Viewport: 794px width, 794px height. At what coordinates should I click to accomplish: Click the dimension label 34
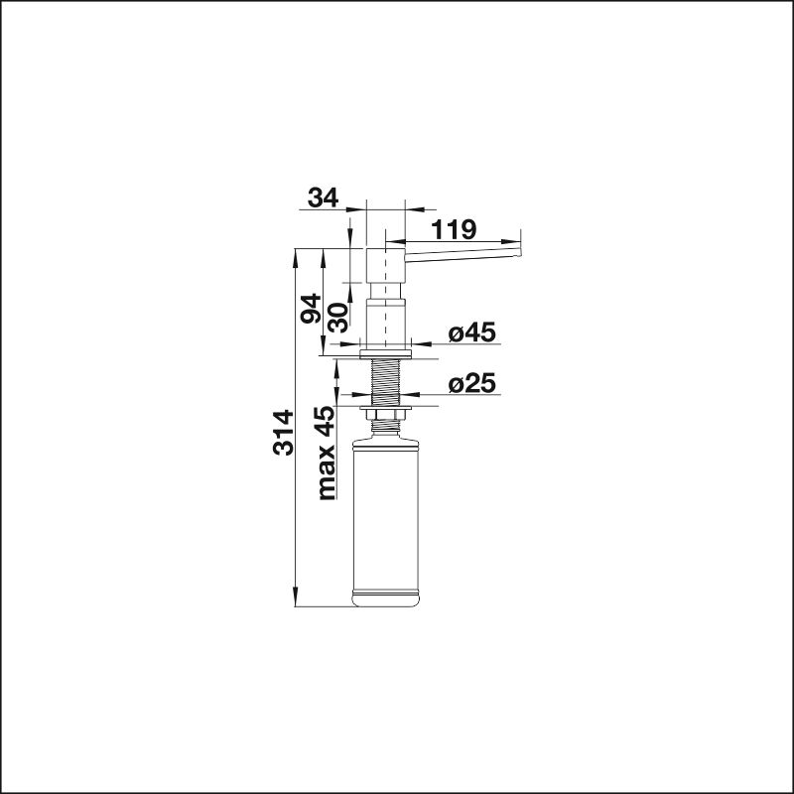point(324,198)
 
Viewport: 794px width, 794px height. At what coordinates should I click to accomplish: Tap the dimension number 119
point(454,229)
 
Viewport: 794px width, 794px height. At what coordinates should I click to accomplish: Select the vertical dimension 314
point(283,433)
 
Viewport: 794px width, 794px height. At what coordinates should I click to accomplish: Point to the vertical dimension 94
point(311,309)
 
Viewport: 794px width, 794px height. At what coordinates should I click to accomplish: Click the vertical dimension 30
point(337,318)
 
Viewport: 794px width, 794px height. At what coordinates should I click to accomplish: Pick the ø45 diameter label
point(472,332)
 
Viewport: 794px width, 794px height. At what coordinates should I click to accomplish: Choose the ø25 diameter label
point(472,383)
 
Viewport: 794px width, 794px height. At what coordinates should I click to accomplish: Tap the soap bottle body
point(386,523)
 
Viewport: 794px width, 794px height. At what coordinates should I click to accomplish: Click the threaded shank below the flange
point(386,382)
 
